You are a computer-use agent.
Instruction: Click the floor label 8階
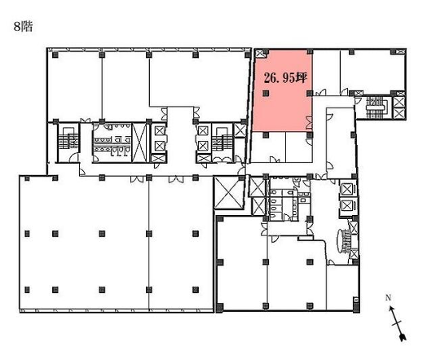pos(24,27)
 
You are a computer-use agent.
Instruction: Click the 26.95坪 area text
pos(285,78)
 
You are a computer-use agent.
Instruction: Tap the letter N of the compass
pos(388,298)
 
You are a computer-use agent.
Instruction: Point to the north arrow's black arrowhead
pos(403,337)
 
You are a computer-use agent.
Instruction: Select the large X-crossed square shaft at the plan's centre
pos(229,192)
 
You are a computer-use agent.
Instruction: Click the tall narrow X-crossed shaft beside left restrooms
pos(139,142)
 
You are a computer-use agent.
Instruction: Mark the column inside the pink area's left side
pos(266,94)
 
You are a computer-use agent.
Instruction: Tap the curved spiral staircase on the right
pos(344,241)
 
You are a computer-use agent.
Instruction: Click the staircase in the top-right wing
pos(375,108)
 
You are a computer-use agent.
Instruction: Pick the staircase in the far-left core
pos(67,138)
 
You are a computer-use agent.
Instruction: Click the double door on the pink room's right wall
pos(309,123)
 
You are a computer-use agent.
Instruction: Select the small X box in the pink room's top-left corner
pos(260,53)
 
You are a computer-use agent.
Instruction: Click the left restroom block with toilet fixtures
pos(112,142)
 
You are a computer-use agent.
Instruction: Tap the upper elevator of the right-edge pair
pos(347,190)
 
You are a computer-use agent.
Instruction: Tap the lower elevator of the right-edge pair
pos(347,206)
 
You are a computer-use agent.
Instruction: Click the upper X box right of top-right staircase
pos(399,102)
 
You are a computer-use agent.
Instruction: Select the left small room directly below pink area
pos(268,147)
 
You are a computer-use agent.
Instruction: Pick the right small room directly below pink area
pos(299,147)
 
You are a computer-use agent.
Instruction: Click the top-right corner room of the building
pos(372,72)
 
